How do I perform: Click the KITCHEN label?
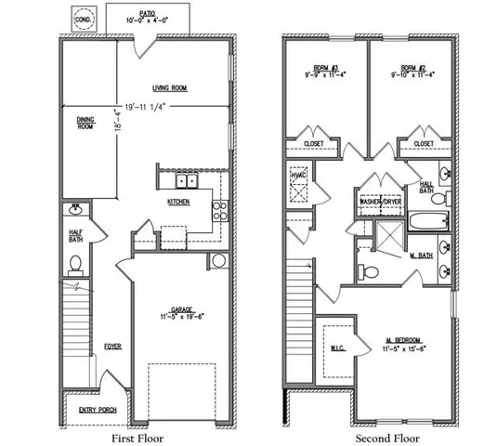179,201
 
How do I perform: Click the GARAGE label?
182,311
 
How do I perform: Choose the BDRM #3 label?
324,67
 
